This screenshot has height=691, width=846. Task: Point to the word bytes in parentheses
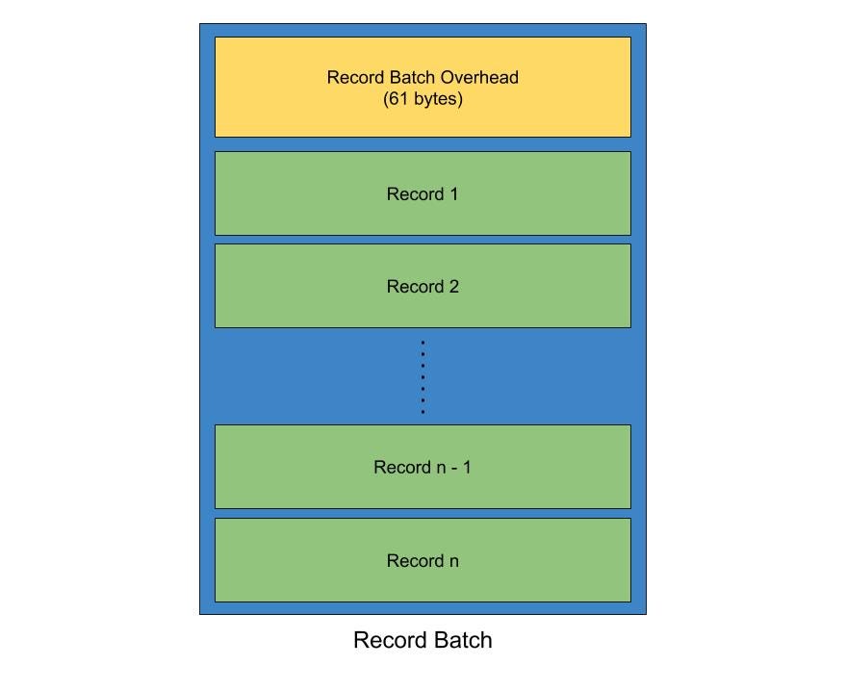pyautogui.click(x=436, y=99)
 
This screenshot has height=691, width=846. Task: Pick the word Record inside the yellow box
pyautogui.click(x=356, y=78)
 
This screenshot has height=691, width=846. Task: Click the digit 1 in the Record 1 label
pyautogui.click(x=453, y=194)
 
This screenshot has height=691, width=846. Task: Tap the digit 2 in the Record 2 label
pyautogui.click(x=453, y=287)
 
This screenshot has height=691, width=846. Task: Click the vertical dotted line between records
pyautogui.click(x=423, y=376)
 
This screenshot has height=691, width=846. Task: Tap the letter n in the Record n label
pyautogui.click(x=453, y=561)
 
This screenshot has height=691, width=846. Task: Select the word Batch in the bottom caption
pyautogui.click(x=460, y=641)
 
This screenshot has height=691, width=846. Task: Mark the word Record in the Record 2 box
pyautogui.click(x=415, y=287)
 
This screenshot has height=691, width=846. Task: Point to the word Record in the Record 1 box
pyautogui.click(x=415, y=194)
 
